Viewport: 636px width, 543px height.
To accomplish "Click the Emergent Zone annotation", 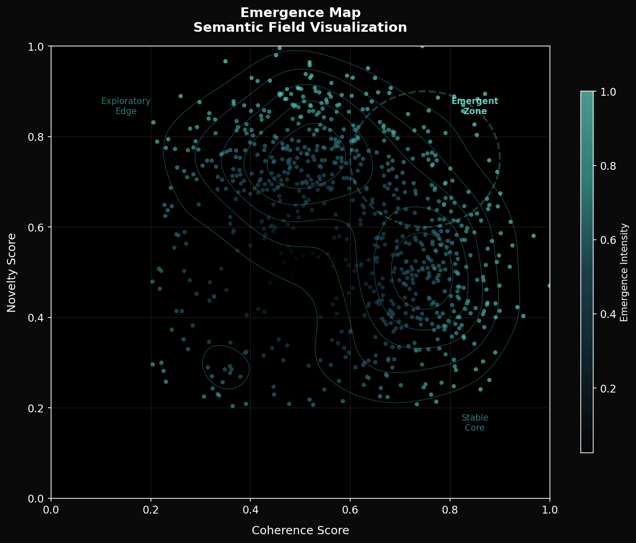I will tap(475, 106).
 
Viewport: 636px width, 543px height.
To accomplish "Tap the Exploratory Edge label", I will tap(126, 106).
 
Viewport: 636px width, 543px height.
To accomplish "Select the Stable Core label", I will tap(474, 423).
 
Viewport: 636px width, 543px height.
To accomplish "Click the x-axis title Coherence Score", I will tap(300, 531).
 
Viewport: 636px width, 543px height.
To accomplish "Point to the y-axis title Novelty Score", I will tap(12, 272).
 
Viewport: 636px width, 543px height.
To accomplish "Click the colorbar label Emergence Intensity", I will tap(624, 272).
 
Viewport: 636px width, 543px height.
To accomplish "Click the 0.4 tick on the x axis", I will tap(250, 510).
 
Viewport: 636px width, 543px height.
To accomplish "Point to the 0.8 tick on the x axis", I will tap(450, 510).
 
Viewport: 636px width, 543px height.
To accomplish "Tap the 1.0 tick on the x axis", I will tap(549, 510).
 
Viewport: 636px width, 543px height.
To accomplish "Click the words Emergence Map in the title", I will tap(300, 12).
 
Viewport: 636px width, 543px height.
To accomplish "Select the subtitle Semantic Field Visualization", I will tap(300, 28).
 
